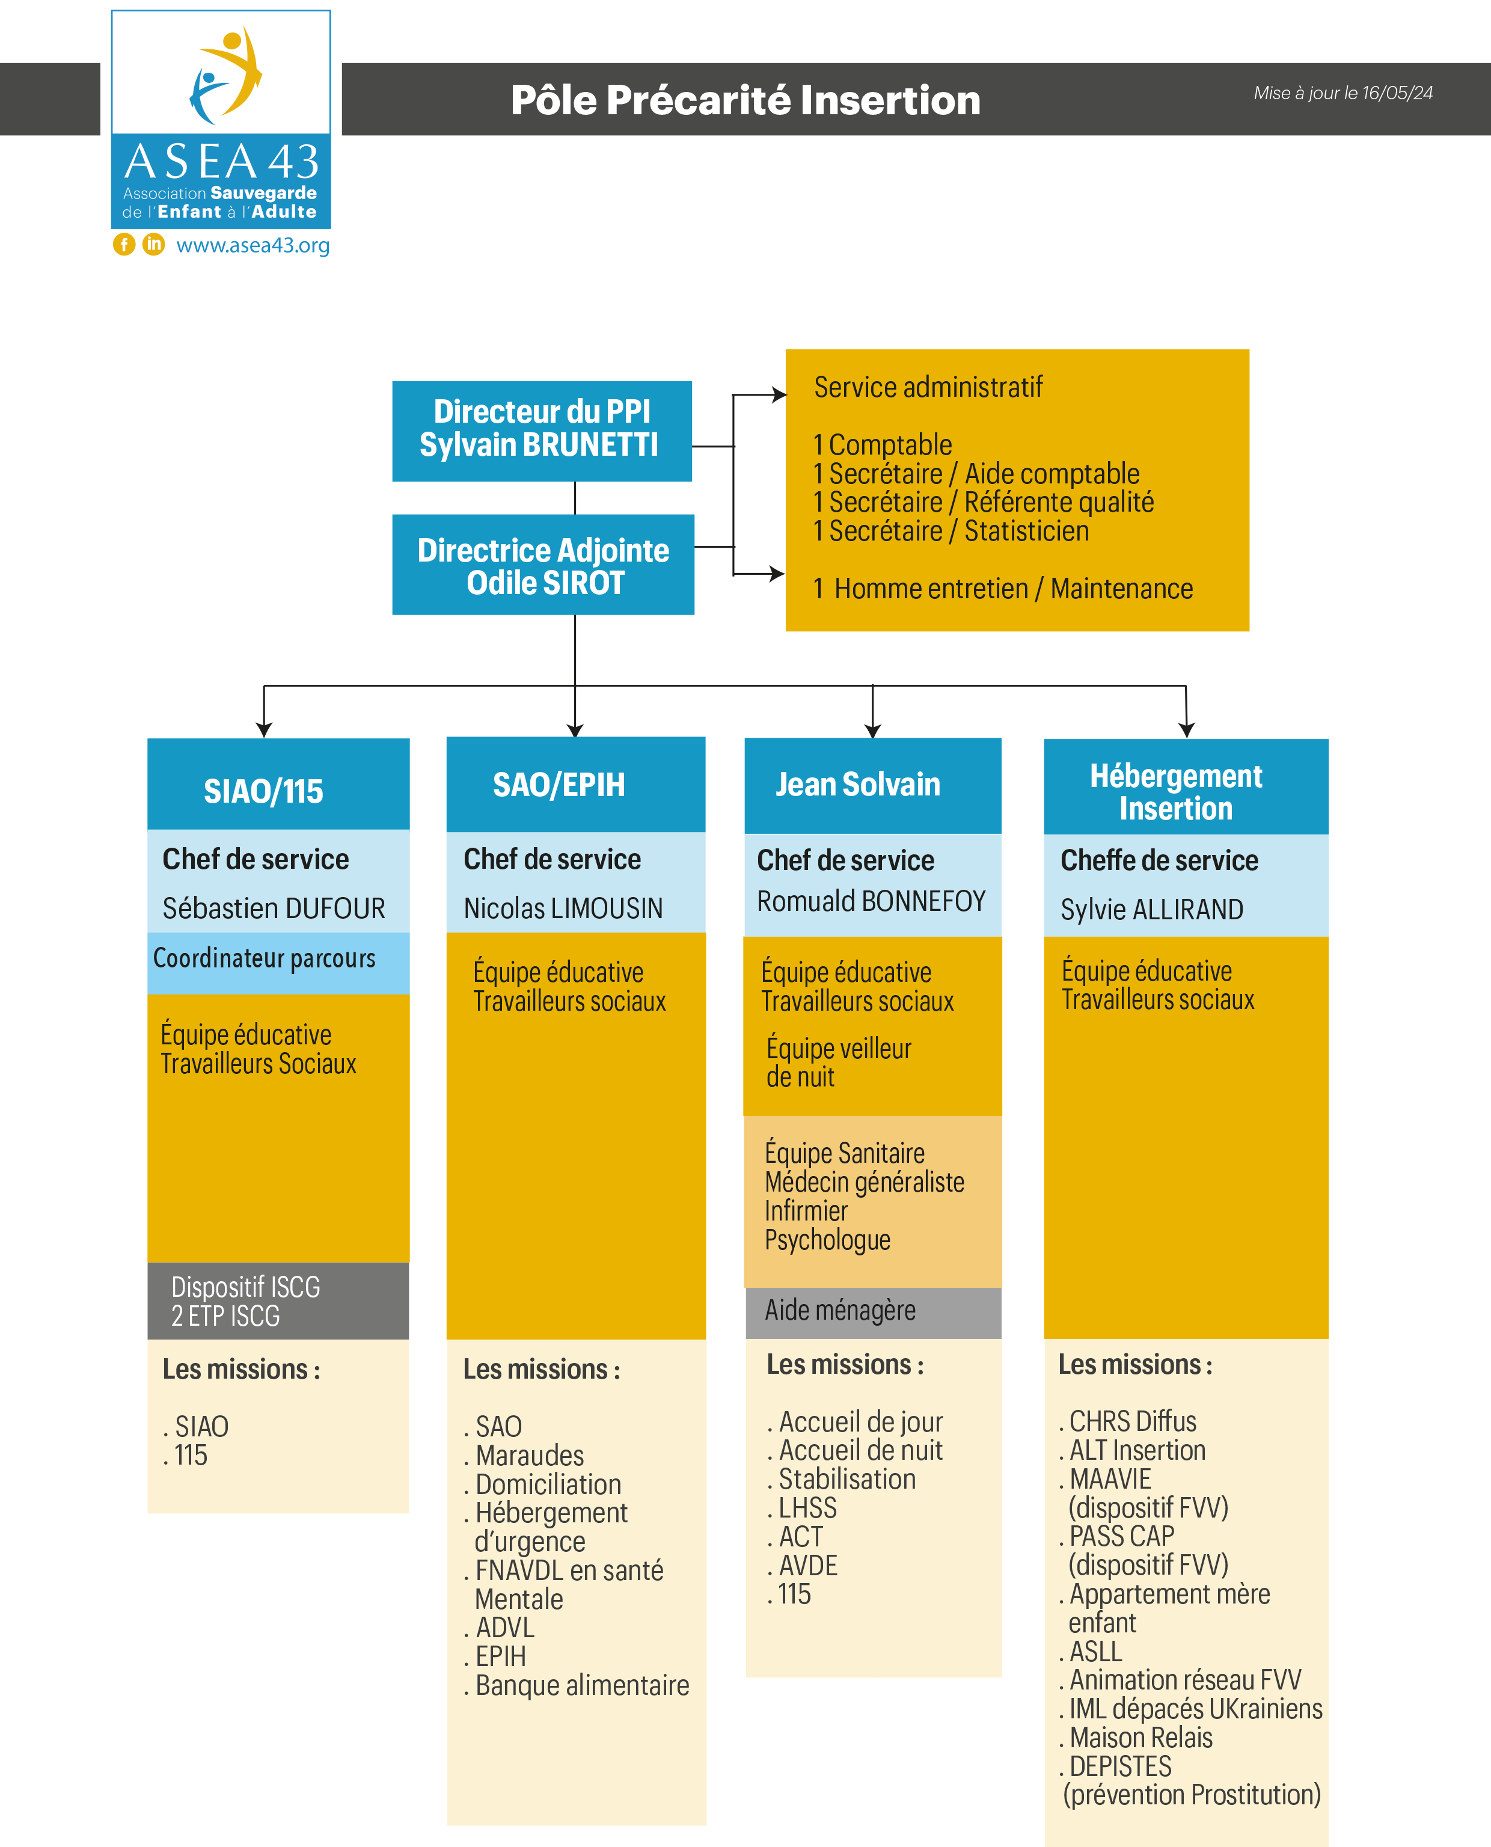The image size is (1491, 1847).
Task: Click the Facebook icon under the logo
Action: coord(124,245)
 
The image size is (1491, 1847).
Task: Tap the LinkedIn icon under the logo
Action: coord(154,245)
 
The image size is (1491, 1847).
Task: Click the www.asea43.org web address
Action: coord(253,245)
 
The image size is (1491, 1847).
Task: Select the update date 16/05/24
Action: coord(1397,93)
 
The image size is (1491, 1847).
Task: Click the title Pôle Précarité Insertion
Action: coord(745,100)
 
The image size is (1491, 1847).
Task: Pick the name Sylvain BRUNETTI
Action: coord(539,445)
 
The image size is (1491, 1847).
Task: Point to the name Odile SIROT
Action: coord(545,583)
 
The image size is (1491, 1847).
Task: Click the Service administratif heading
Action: coord(928,387)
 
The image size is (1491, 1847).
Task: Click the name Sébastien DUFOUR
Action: coord(274,908)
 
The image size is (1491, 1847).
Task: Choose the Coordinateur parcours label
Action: coord(265,958)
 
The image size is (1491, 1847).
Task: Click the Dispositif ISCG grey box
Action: coord(278,1301)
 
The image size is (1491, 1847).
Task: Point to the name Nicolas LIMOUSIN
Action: coord(563,908)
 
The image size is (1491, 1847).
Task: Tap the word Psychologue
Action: coord(827,1240)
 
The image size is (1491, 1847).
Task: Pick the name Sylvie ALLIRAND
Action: coord(1152,909)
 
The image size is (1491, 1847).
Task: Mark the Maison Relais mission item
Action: coord(1136,1738)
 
